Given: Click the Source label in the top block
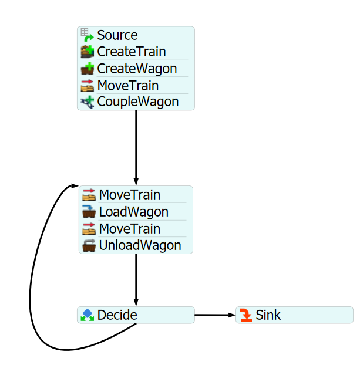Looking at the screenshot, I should tap(117, 35).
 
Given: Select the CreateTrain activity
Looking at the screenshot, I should tap(132, 52).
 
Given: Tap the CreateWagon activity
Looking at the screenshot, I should tap(137, 69).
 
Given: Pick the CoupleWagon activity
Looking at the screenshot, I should tap(138, 102).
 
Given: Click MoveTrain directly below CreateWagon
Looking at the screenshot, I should tap(128, 86).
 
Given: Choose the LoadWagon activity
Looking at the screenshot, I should tap(134, 212).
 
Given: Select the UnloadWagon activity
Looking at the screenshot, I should tap(140, 245).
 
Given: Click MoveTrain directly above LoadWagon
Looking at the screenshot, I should tap(129, 195).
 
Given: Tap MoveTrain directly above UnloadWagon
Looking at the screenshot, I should tap(129, 229).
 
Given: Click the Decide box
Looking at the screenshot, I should tap(136, 315).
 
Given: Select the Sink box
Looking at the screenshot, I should tap(294, 315).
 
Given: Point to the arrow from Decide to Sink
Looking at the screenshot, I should tap(215, 315).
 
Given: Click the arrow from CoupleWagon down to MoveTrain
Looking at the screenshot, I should tap(136, 147).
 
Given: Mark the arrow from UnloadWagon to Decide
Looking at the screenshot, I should tap(136, 279).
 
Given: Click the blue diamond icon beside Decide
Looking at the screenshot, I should tap(88, 315).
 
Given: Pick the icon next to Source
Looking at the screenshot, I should tap(87, 35).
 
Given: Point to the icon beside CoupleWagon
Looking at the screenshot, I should tap(87, 102).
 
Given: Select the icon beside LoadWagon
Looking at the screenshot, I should tap(89, 212).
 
